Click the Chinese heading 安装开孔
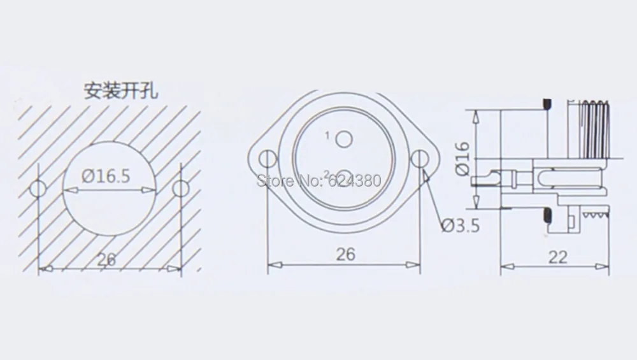[x=120, y=90]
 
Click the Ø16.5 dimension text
[x=106, y=176]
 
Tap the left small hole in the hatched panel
[x=38, y=189]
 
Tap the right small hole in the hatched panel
[x=180, y=189]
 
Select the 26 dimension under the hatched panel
[x=106, y=259]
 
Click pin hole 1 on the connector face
[x=344, y=140]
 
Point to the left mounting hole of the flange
[x=268, y=159]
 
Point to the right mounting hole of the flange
[x=420, y=159]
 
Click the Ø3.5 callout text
[x=461, y=226]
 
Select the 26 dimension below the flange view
[x=346, y=254]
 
